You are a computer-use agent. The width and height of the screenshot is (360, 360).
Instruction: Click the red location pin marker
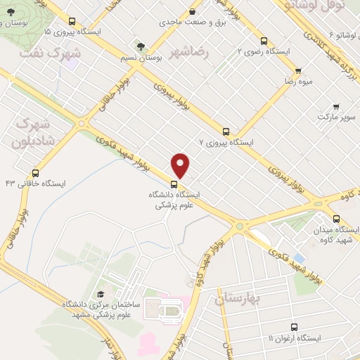181,165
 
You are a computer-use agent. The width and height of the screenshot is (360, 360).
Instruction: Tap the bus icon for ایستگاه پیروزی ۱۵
72,22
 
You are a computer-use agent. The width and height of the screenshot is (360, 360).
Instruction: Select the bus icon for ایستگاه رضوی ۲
264,41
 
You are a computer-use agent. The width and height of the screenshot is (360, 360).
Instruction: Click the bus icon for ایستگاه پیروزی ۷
226,131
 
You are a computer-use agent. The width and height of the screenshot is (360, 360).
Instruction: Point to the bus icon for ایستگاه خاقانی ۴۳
35,173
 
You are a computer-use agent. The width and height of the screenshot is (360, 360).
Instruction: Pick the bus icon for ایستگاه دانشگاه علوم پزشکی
174,184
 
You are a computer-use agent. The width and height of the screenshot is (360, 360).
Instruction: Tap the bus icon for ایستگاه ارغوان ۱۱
294,327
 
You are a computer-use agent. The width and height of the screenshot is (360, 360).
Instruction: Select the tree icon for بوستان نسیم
141,46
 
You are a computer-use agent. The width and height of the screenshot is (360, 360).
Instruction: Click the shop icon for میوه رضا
298,71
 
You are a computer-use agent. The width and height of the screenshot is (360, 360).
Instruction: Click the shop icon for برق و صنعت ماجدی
193,11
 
